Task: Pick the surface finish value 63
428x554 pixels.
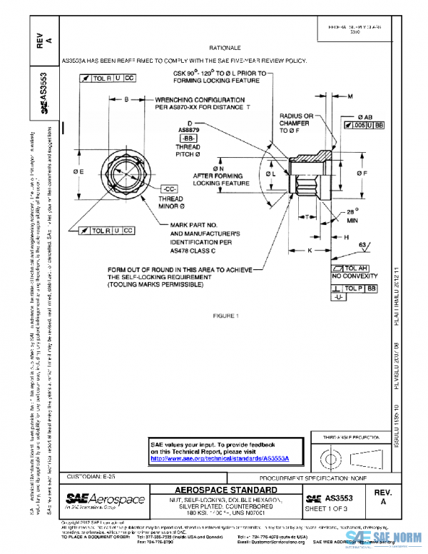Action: [x=364, y=245]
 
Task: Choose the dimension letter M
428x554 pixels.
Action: [x=350, y=95]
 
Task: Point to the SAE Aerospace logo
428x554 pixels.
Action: [x=105, y=500]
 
